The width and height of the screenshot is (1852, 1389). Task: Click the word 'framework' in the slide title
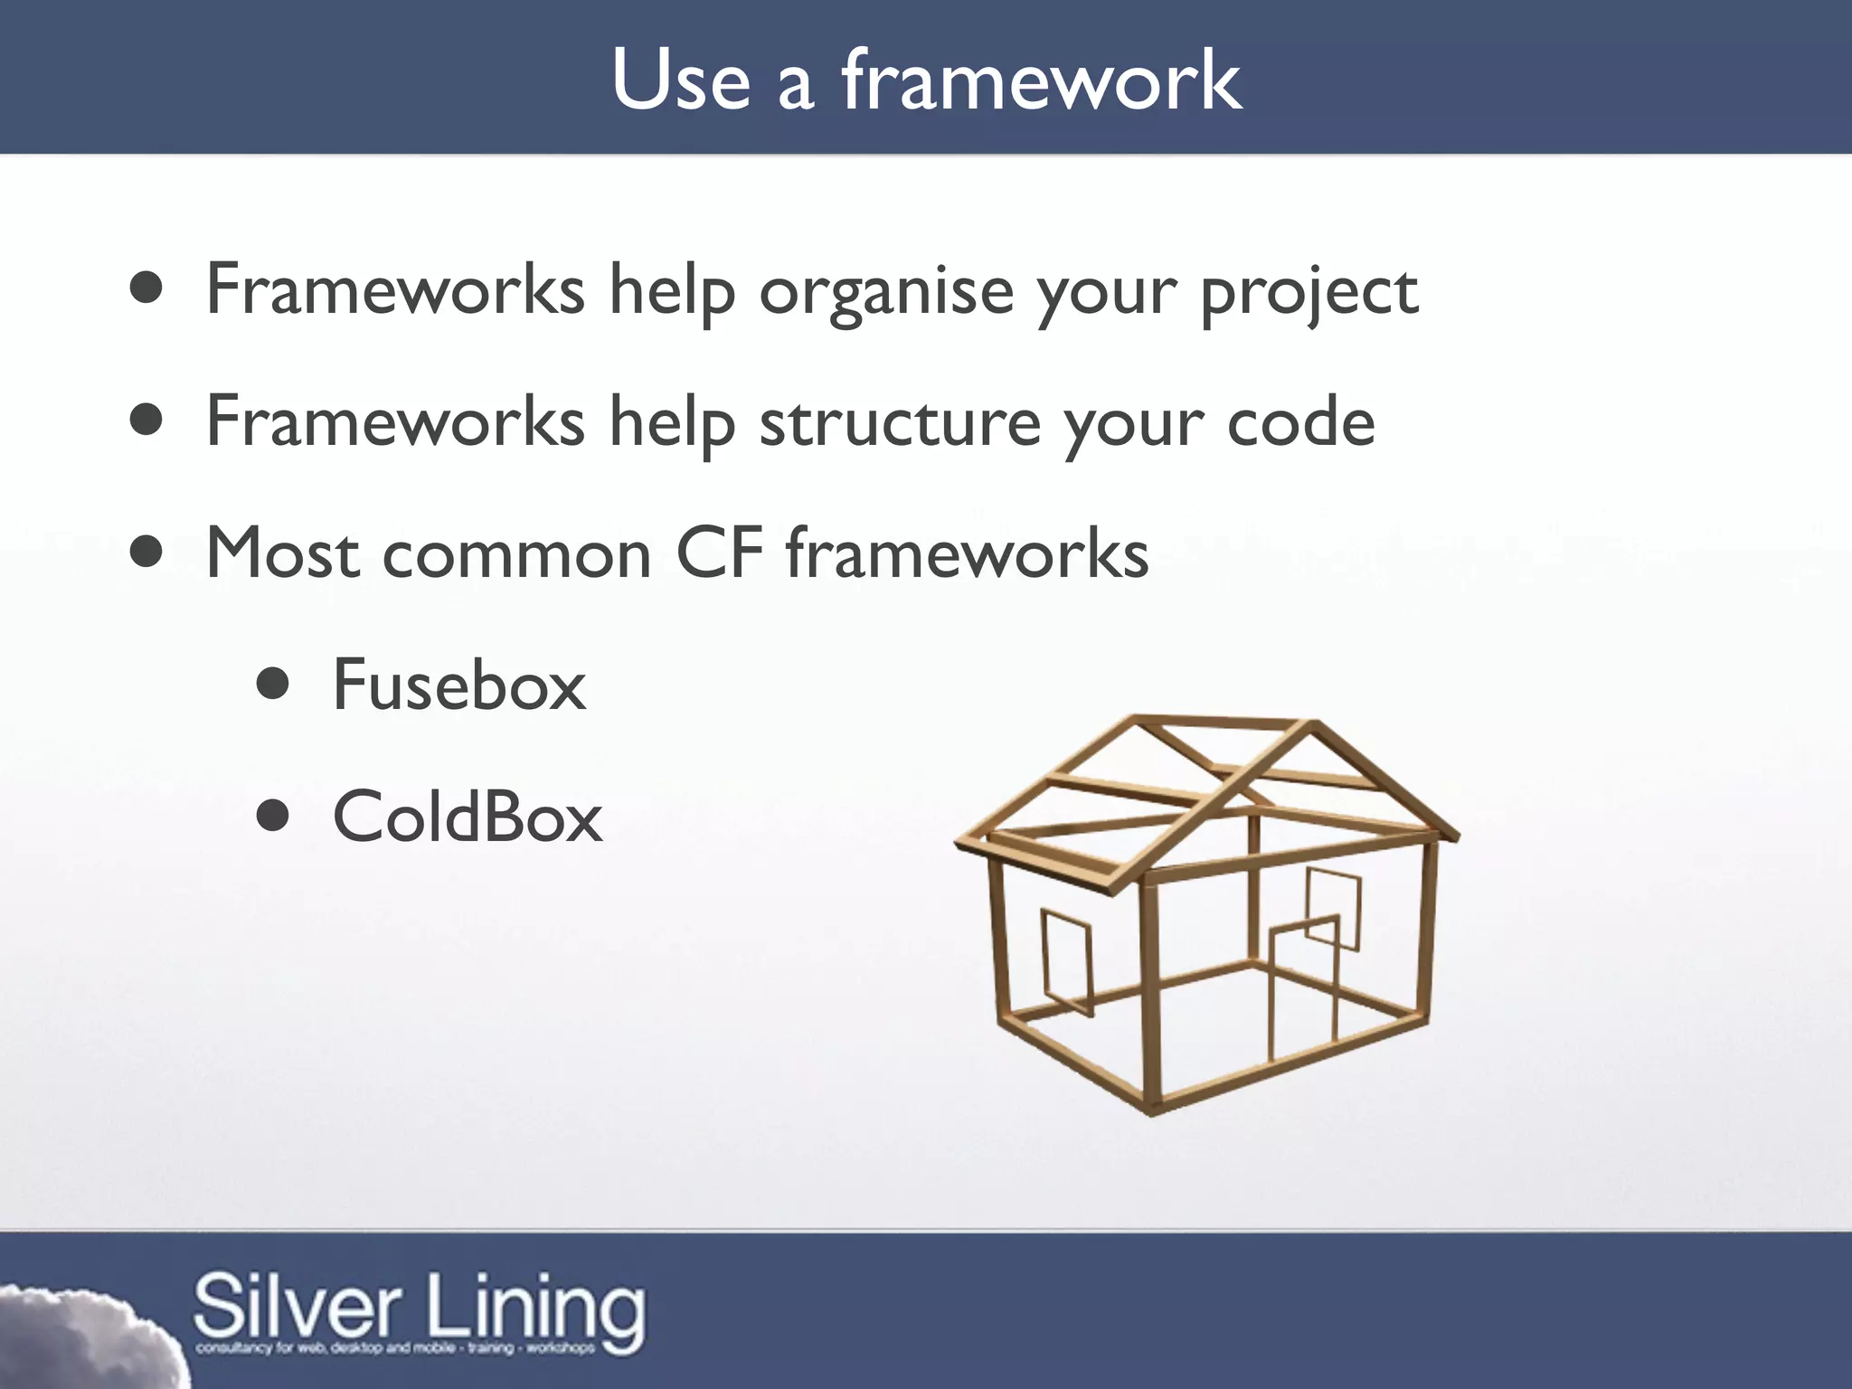click(1042, 81)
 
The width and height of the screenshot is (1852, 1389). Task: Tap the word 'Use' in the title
click(680, 81)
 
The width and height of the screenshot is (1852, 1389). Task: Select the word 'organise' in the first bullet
click(886, 291)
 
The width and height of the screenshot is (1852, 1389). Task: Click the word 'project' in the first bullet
click(1309, 291)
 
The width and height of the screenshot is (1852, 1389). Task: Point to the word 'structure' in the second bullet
click(900, 423)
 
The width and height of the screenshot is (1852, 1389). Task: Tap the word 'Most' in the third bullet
click(283, 553)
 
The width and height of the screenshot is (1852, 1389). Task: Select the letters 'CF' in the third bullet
click(719, 553)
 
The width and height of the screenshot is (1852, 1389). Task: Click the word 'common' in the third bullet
click(516, 553)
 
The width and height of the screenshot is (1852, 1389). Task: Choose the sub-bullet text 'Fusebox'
click(459, 685)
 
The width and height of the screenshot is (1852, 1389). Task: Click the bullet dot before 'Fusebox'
click(272, 685)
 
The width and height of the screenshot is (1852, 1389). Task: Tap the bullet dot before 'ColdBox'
click(272, 817)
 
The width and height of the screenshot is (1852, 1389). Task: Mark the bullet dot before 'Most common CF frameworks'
click(146, 553)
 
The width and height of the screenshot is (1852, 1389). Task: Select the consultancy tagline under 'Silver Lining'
click(395, 1348)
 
